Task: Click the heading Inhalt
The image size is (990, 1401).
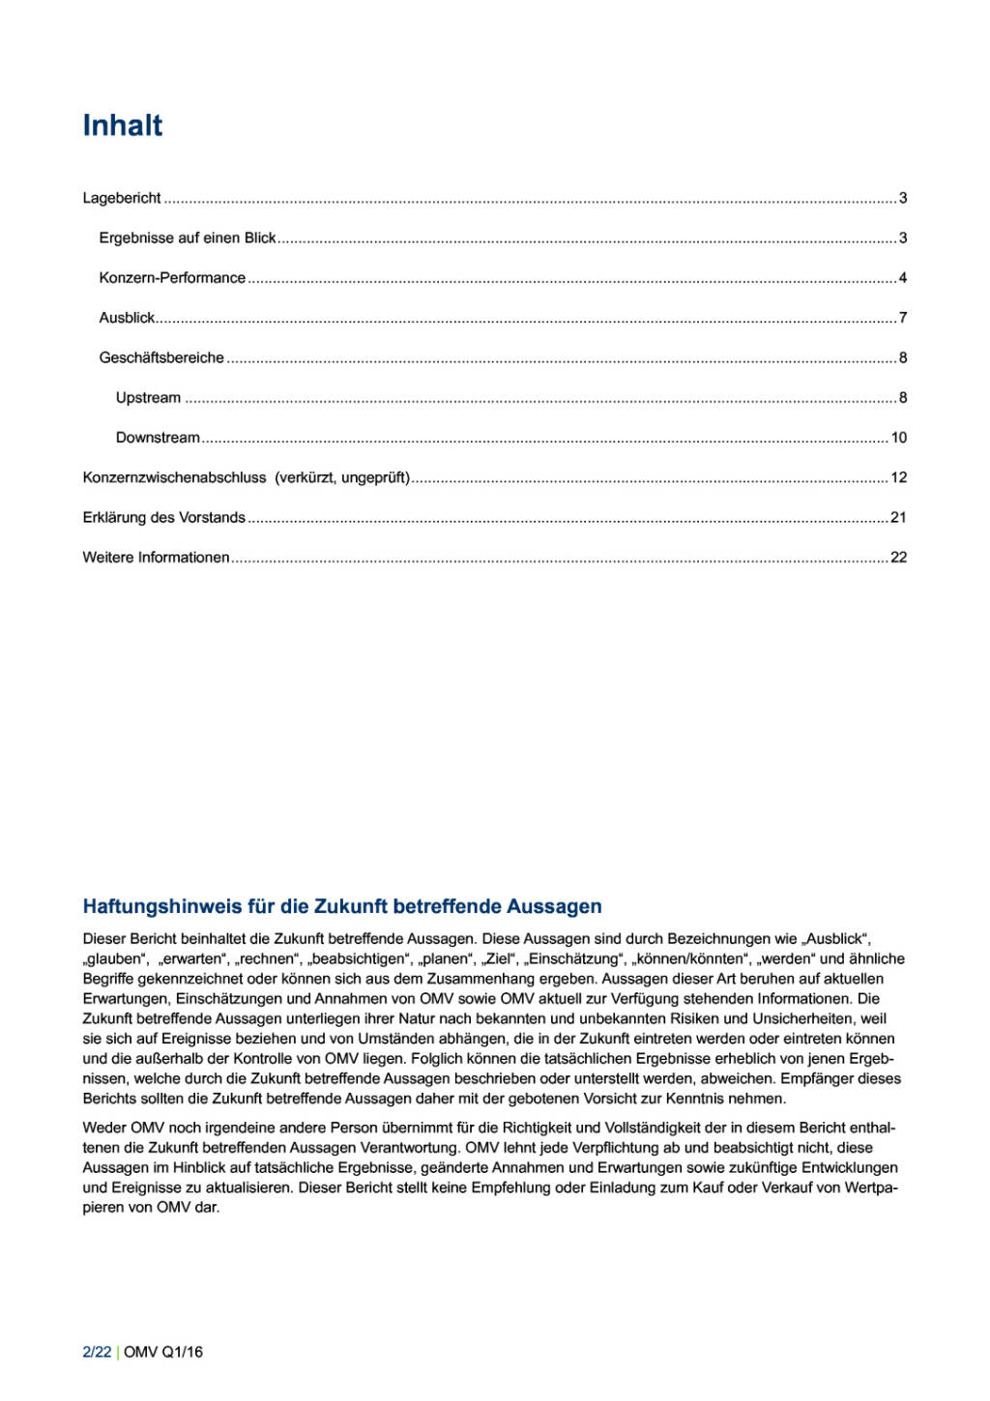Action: [123, 126]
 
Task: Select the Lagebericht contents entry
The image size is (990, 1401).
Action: [122, 198]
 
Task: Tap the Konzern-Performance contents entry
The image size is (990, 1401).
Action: [172, 278]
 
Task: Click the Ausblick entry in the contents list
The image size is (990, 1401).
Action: [127, 318]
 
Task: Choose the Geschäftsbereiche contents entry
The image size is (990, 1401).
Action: [161, 357]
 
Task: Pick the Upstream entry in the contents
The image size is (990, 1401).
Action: [148, 398]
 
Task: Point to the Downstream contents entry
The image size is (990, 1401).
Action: [158, 438]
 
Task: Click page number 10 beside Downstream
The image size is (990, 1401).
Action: [899, 438]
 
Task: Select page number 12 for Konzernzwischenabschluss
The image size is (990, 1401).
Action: [899, 477]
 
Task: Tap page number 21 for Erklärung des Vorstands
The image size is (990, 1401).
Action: [899, 518]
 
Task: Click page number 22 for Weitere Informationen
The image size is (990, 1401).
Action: [899, 558]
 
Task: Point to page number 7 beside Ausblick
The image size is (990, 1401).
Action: [903, 318]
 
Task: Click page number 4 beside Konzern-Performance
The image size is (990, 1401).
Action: [903, 278]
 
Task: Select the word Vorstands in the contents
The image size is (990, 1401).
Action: [212, 518]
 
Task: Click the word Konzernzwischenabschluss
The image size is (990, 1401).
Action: [174, 477]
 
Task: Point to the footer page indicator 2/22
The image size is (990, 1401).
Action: [97, 1352]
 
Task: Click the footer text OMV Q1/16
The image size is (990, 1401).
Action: [163, 1352]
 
